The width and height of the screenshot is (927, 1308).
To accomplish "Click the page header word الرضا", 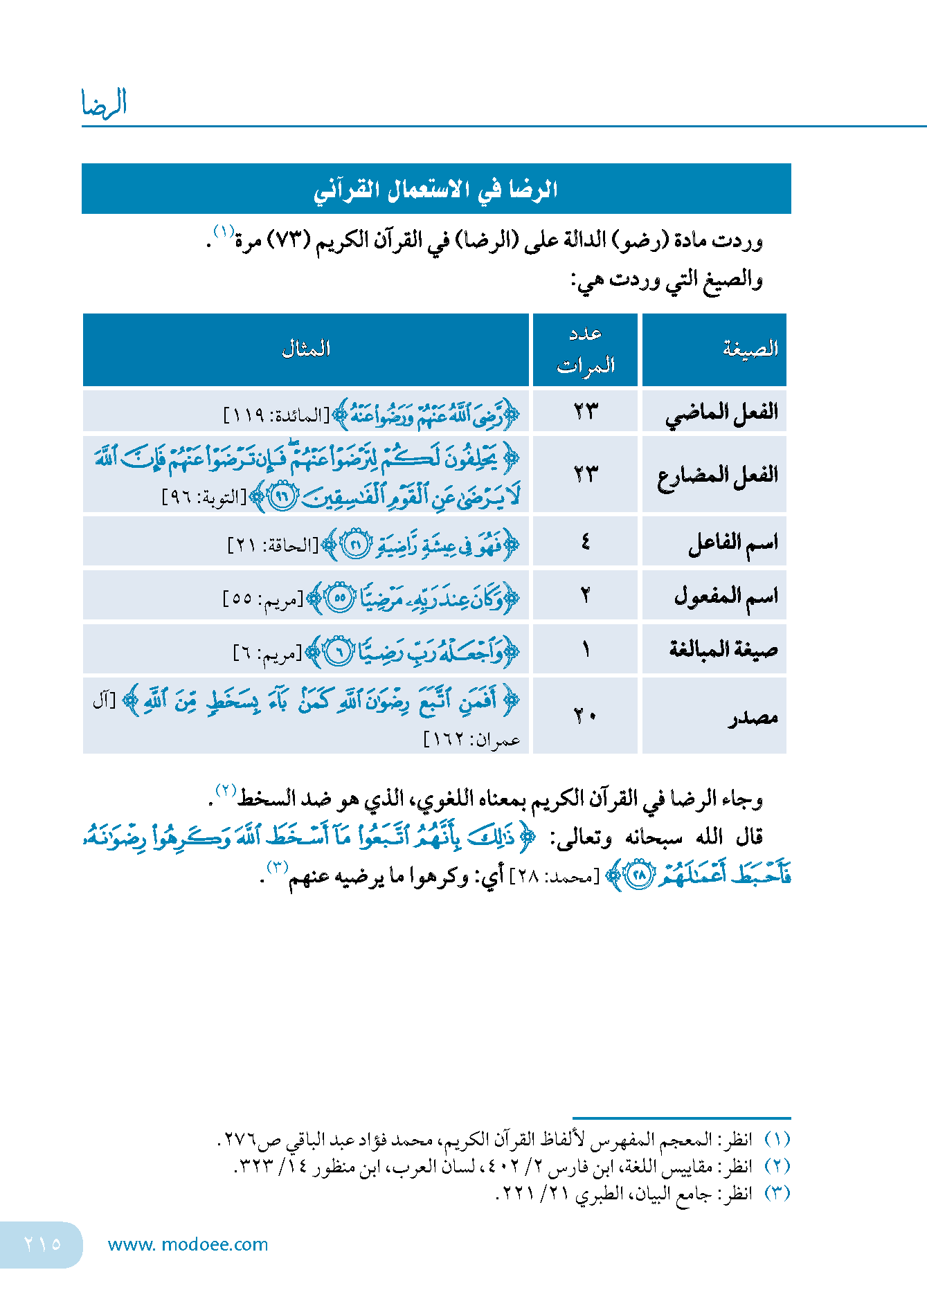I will [104, 103].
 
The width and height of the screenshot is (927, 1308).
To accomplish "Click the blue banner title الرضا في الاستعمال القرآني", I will [435, 190].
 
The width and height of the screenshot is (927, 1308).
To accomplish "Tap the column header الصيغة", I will [750, 349].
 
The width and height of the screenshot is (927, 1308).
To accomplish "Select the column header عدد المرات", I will [586, 349].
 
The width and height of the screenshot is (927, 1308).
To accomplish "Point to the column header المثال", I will [306, 349].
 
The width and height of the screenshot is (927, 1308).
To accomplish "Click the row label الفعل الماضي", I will [722, 413].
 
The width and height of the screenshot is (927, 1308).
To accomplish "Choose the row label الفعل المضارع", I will [718, 475].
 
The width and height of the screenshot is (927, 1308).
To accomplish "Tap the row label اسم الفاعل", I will [732, 543].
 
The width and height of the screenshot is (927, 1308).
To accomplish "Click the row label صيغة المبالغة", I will [723, 649].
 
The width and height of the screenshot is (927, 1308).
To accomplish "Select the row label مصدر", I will [753, 717].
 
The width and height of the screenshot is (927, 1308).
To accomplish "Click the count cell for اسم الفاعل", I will [586, 542].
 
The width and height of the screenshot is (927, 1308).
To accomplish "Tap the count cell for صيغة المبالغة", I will [586, 649].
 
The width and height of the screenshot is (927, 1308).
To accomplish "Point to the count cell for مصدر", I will [586, 716].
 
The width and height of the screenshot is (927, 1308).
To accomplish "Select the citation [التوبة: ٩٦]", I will [204, 498].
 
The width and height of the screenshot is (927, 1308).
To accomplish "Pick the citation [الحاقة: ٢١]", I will [273, 546].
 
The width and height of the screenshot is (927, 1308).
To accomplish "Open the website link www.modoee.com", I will [188, 1244].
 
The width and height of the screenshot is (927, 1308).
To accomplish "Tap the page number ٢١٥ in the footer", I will [42, 1244].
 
